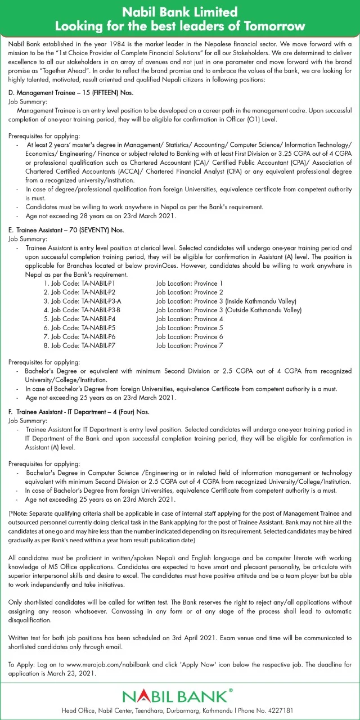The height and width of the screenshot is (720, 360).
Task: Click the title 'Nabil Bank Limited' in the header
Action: click(x=180, y=12)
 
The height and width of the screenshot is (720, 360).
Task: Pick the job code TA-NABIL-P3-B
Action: click(x=101, y=310)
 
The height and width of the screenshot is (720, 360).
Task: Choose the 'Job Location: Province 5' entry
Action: click(x=190, y=327)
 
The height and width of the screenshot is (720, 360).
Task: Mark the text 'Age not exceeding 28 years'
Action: click(x=62, y=216)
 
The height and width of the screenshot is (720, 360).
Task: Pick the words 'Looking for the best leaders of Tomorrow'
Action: click(x=180, y=26)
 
